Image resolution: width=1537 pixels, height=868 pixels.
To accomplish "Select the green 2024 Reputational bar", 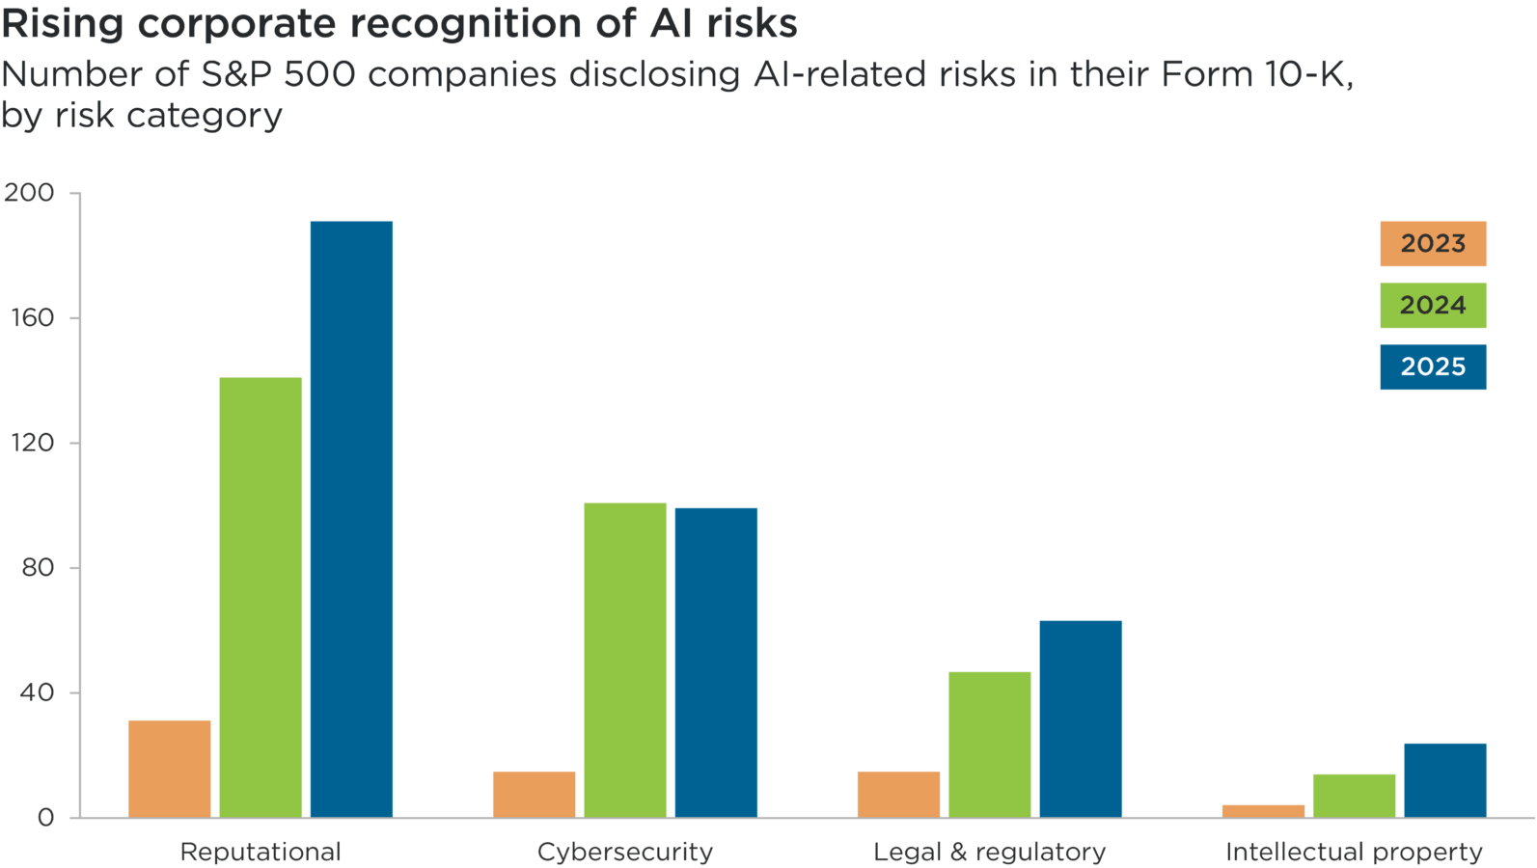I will [x=261, y=597].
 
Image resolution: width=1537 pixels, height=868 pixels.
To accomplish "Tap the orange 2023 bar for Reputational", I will [x=170, y=768].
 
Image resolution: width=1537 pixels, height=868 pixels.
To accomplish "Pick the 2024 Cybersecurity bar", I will [x=625, y=660].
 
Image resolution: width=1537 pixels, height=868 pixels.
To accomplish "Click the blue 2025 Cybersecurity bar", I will [x=716, y=662].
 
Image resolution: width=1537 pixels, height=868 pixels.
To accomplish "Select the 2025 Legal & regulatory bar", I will [x=1081, y=719].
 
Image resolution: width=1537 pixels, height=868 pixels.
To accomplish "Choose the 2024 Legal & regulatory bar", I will [x=989, y=744].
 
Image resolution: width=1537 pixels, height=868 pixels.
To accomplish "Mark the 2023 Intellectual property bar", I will [x=1263, y=810].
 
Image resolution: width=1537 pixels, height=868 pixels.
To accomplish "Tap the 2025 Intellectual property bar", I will [x=1445, y=779].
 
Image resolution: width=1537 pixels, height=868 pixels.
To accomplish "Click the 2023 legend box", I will [x=1433, y=244].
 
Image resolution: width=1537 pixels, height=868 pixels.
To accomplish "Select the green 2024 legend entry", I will [x=1433, y=306].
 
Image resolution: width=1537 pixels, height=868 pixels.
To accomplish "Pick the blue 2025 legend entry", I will [x=1433, y=367].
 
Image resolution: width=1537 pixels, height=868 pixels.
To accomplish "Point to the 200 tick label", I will [x=29, y=193].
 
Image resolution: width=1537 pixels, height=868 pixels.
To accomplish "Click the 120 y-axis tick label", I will [x=32, y=443].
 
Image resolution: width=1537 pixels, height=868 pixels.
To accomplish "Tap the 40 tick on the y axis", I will [x=37, y=692].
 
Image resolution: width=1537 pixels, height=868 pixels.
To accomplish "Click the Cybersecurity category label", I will [x=625, y=852].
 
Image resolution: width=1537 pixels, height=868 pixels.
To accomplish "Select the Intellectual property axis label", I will [x=1354, y=852].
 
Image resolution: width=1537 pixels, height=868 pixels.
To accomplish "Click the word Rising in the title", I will [x=63, y=24].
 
